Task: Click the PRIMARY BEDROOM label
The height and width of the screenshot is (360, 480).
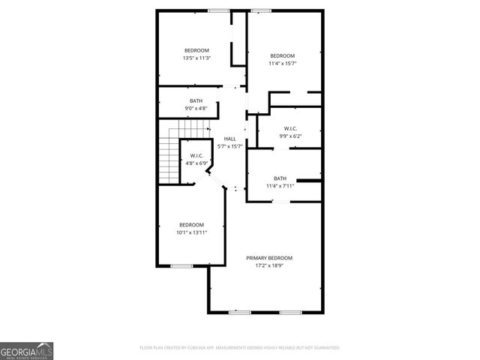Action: (269, 258)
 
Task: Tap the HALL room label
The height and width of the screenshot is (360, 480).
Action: (230, 139)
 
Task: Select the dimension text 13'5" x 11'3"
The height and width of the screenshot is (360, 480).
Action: (196, 58)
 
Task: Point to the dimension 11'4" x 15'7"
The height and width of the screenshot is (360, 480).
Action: (282, 64)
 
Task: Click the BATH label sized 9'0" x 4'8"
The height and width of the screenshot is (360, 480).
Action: (196, 101)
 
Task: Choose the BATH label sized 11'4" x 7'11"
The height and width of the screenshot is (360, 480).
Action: (280, 178)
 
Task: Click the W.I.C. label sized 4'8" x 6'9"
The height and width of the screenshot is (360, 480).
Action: (196, 155)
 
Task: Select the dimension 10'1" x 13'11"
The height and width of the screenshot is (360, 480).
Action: (191, 232)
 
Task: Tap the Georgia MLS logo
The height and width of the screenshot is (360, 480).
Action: (26, 350)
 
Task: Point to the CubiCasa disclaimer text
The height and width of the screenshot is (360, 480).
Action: (240, 348)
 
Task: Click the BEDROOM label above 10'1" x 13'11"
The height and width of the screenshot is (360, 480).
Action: (191, 225)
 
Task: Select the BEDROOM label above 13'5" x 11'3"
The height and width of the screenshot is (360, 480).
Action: (196, 50)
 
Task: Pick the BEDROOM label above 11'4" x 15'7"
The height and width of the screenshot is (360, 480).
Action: (282, 55)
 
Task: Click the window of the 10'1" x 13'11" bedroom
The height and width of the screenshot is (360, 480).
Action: (181, 265)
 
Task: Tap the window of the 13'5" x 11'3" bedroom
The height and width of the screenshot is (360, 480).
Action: (218, 10)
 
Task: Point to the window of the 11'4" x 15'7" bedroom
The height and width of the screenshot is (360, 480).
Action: (261, 10)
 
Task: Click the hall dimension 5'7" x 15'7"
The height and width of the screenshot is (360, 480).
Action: (230, 146)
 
